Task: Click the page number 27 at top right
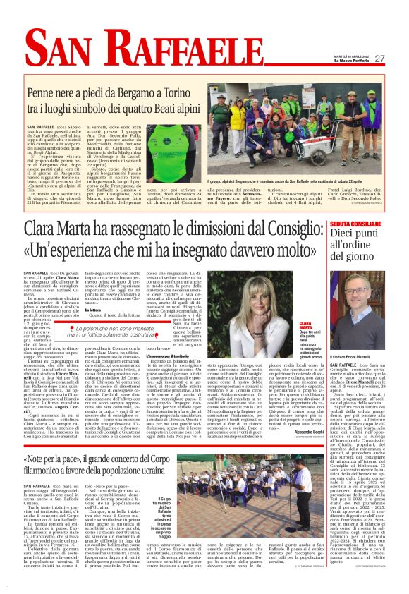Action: (x=379, y=59)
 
